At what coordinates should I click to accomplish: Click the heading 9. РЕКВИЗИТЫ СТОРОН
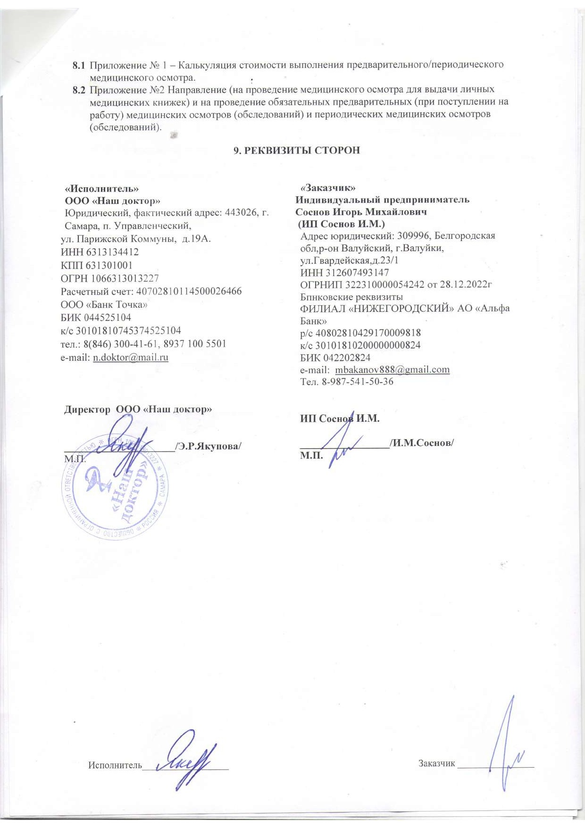pos(297,150)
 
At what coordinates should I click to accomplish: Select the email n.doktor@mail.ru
pos(131,357)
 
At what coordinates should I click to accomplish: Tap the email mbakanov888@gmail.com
pos(392,369)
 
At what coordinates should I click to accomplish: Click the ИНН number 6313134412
pos(113,252)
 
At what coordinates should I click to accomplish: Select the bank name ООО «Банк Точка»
pos(104,304)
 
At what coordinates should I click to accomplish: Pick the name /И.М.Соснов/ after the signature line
pos(422,443)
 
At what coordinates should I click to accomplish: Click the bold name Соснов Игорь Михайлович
pos(361,212)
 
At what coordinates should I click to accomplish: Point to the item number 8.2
pos(79,89)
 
